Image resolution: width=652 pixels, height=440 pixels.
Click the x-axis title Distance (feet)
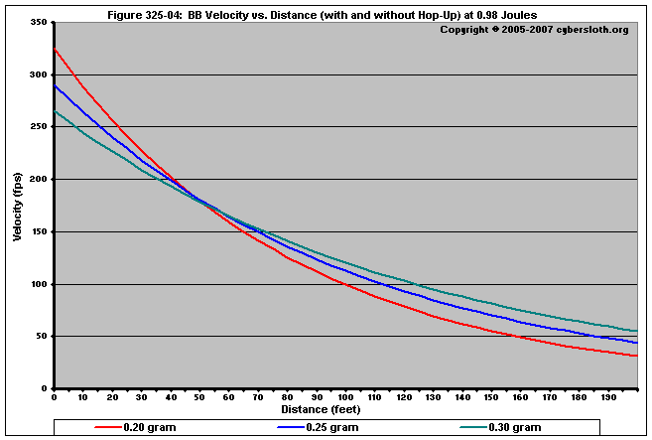pyautogui.click(x=321, y=408)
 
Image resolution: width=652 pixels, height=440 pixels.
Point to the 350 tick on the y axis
pyautogui.click(x=38, y=23)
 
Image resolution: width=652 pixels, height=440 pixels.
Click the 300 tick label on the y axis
pyautogui.click(x=38, y=74)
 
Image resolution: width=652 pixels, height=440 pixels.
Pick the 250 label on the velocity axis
pyautogui.click(x=38, y=127)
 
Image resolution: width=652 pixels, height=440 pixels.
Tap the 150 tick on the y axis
pyautogui.click(x=38, y=231)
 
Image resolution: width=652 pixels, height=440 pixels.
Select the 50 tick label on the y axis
pyautogui.click(x=41, y=337)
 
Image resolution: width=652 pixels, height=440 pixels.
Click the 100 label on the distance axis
pyautogui.click(x=345, y=397)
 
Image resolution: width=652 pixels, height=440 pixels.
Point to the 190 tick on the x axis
pyautogui.click(x=606, y=397)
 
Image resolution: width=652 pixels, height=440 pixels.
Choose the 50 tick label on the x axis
pyautogui.click(x=199, y=397)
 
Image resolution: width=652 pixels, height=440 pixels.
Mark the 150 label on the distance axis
pyautogui.click(x=490, y=397)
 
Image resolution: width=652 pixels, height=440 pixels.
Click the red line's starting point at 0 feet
pyautogui.click(x=55, y=49)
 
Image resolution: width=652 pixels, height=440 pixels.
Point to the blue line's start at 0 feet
pyautogui.click(x=55, y=85)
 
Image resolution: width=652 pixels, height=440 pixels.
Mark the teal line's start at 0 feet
pyautogui.click(x=55, y=110)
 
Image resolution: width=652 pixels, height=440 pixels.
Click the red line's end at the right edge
pyautogui.click(x=636, y=356)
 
